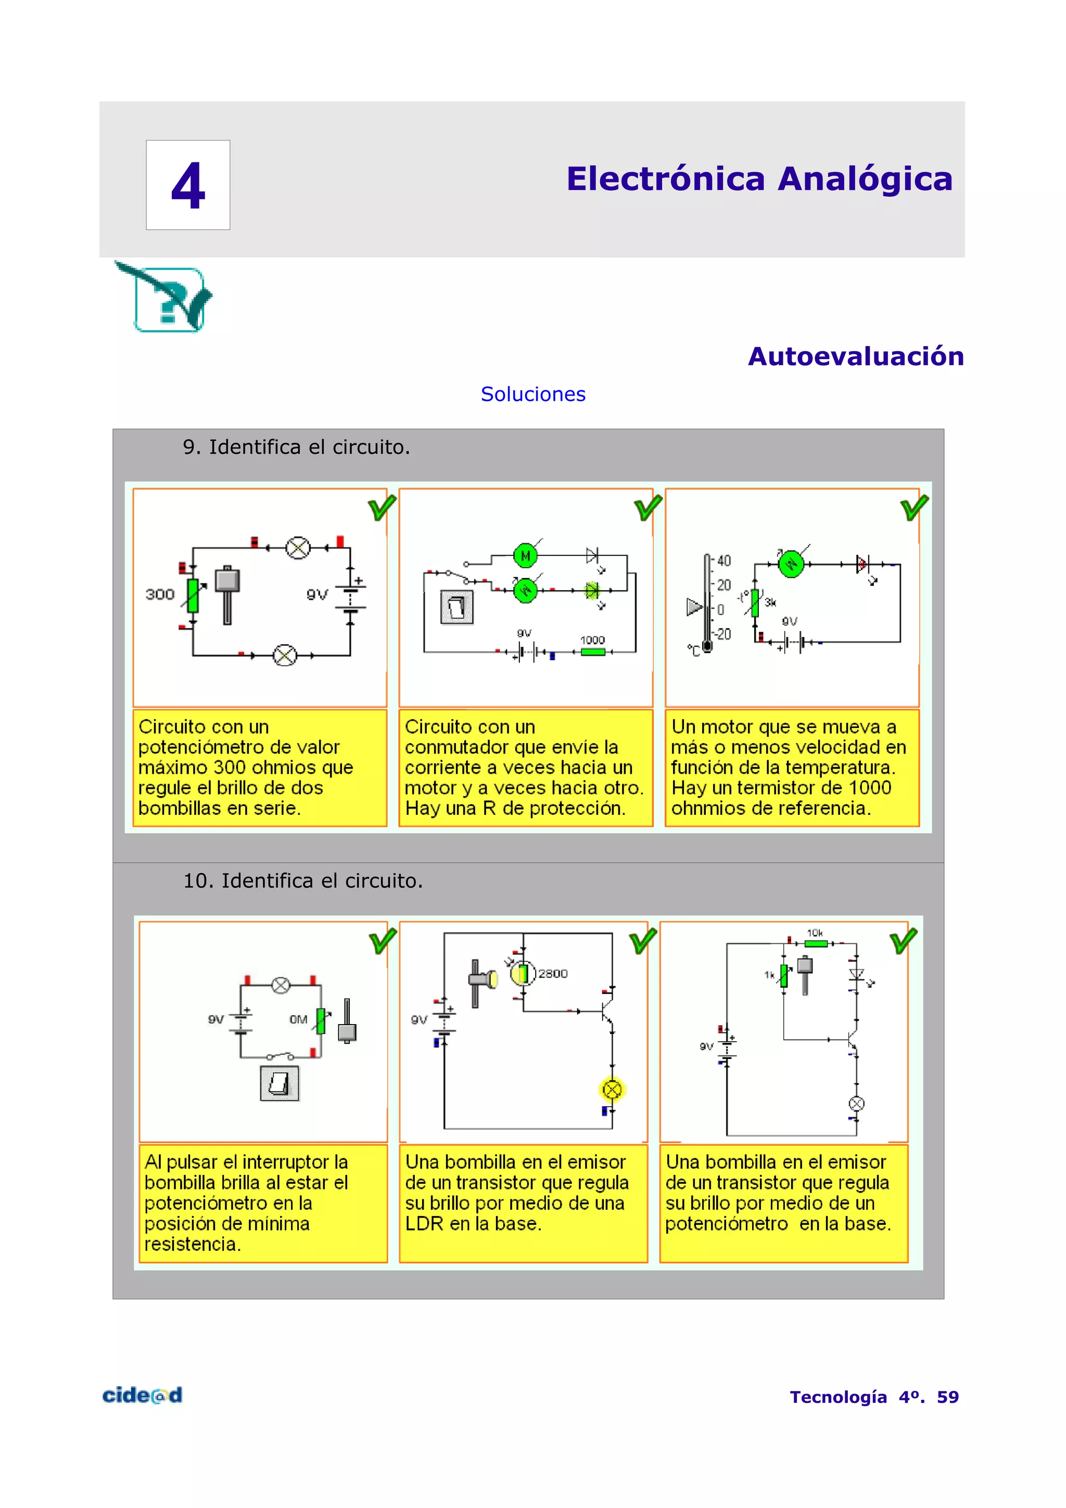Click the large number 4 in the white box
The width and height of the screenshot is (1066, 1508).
[188, 186]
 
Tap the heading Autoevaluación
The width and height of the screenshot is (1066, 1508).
[855, 356]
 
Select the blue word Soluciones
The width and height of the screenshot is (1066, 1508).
[532, 394]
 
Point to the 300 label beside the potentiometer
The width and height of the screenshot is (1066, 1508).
[160, 594]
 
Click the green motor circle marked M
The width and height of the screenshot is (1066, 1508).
[525, 556]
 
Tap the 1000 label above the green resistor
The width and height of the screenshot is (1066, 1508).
[592, 640]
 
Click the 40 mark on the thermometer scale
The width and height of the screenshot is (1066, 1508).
[723, 560]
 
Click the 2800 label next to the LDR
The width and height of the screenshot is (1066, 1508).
[552, 974]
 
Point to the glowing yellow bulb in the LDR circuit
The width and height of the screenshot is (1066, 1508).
[612, 1090]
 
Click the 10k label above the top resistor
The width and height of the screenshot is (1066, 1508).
[815, 932]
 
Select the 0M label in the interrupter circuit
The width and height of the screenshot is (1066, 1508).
[298, 1019]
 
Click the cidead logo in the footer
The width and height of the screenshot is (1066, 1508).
[142, 1396]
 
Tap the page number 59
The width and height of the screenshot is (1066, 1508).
[947, 1397]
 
